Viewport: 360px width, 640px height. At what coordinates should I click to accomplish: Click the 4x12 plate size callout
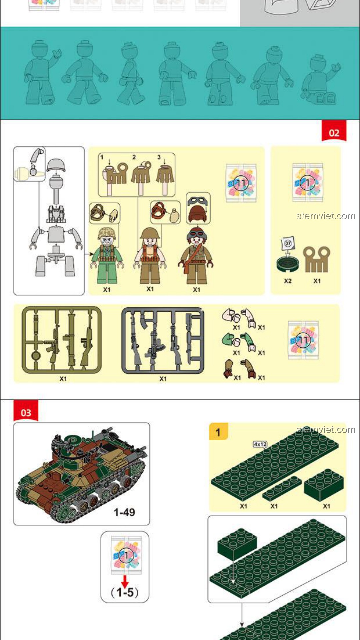click(260, 444)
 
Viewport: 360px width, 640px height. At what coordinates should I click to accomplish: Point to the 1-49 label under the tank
click(124, 512)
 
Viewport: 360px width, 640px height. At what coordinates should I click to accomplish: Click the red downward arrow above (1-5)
click(125, 581)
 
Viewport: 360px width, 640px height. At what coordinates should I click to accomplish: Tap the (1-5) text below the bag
click(125, 592)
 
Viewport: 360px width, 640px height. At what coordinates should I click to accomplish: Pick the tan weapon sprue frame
click(62, 340)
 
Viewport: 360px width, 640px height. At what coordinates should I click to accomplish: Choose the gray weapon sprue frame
click(163, 340)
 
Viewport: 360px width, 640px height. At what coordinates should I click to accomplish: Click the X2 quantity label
click(288, 281)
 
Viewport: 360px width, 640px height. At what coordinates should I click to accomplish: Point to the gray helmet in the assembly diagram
click(56, 166)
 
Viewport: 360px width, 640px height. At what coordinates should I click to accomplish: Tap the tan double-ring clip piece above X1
click(317, 259)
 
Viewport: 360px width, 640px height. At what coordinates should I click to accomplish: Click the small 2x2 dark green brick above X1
click(324, 485)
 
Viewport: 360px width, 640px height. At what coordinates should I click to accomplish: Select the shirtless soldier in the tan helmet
click(150, 255)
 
